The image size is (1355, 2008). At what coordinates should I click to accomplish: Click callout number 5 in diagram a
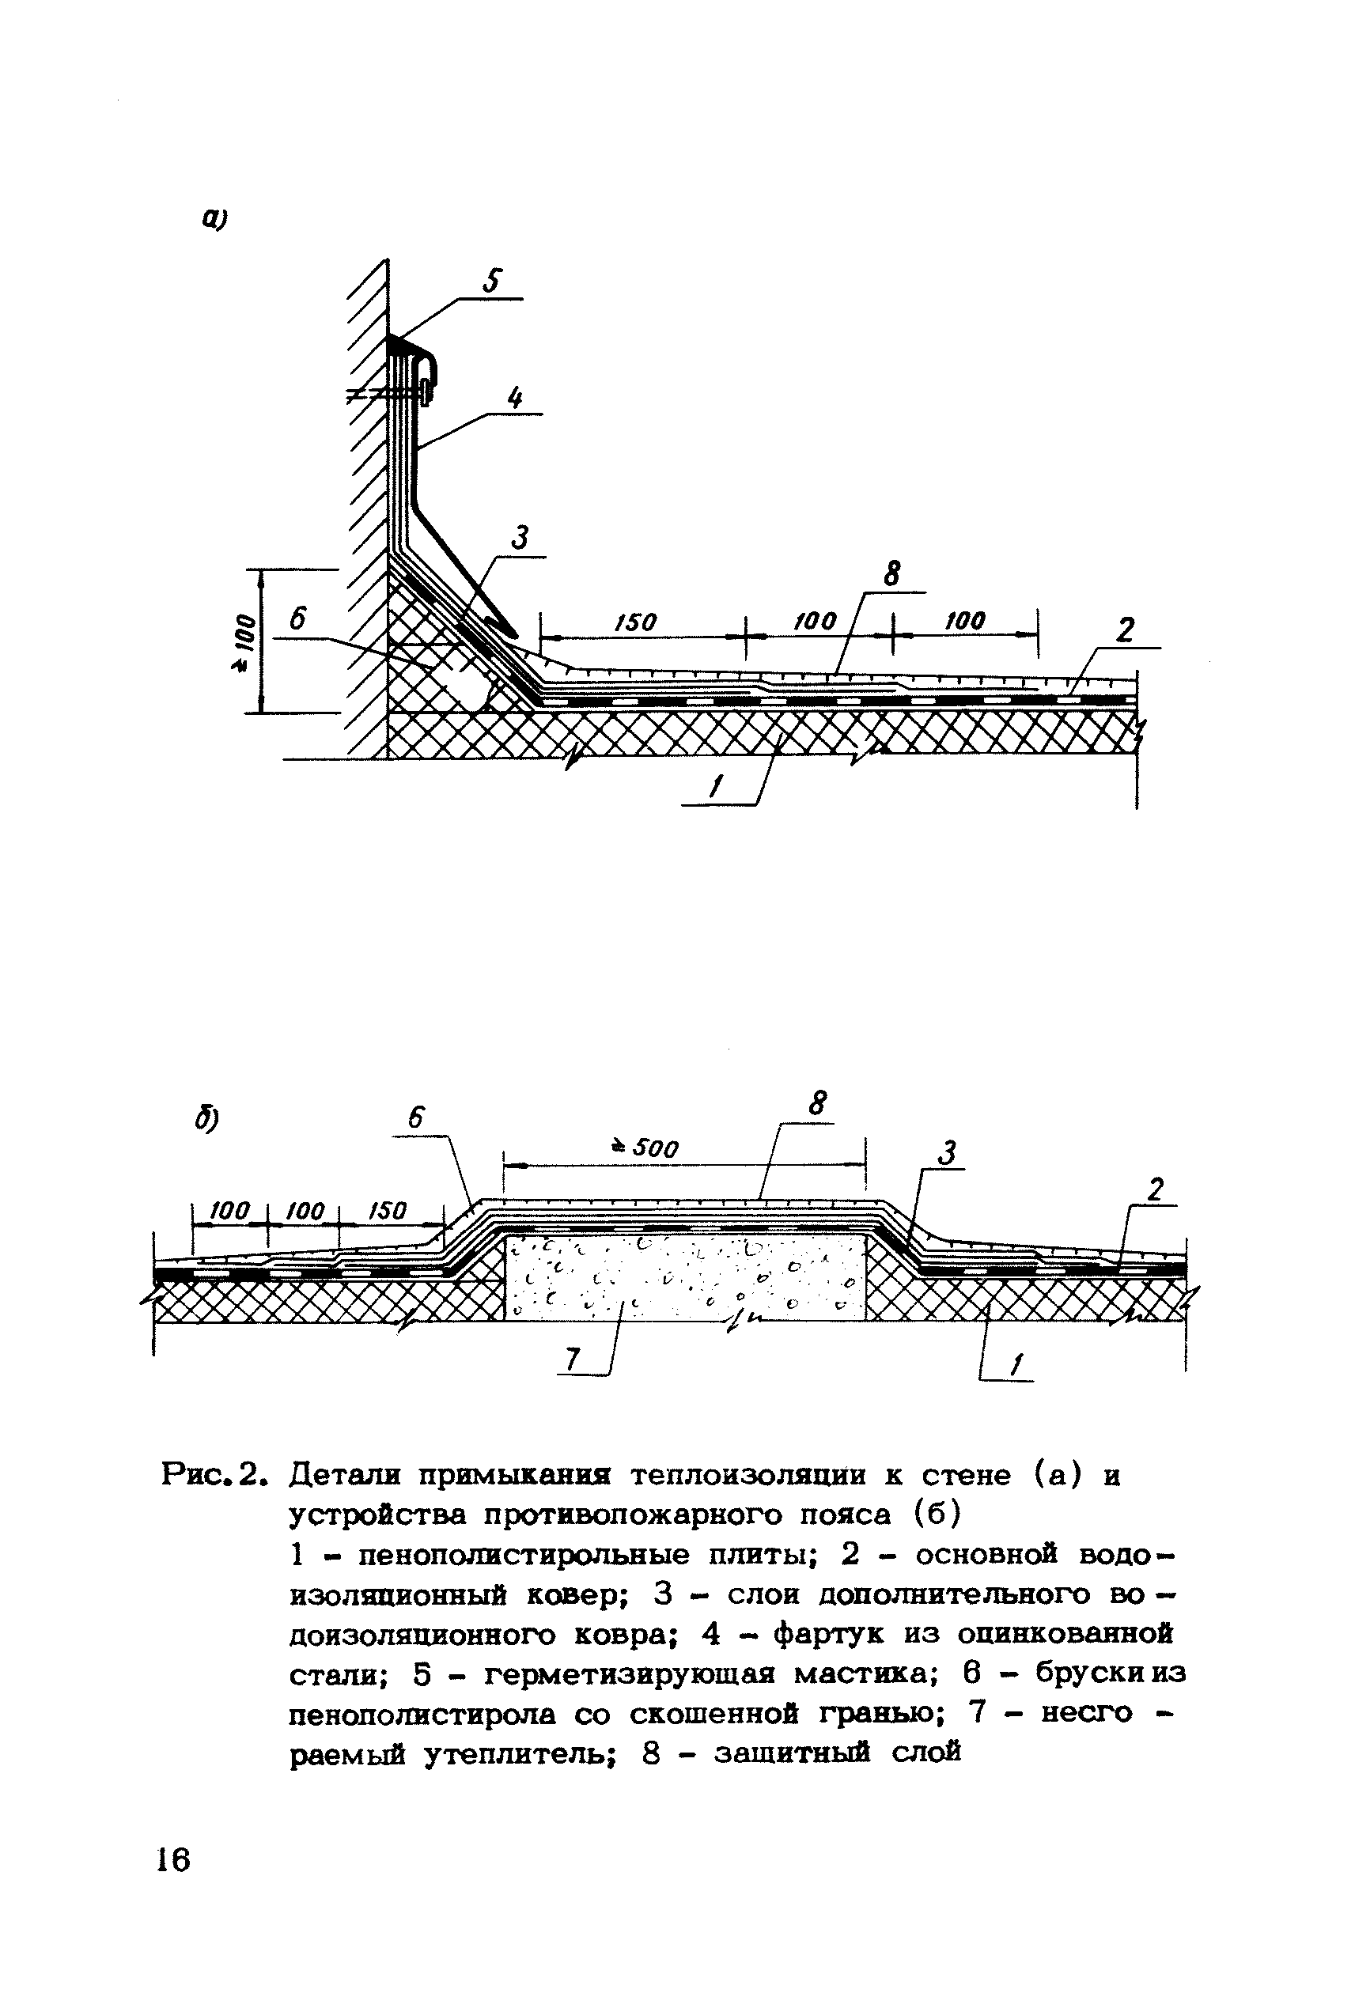pyautogui.click(x=494, y=282)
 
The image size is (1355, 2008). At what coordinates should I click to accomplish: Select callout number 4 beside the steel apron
pyautogui.click(x=515, y=399)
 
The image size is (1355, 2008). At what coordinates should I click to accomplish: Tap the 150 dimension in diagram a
pyautogui.click(x=636, y=622)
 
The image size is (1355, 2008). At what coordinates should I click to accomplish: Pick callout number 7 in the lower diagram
pyautogui.click(x=570, y=1361)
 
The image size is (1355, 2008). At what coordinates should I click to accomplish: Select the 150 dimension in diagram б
pyautogui.click(x=386, y=1212)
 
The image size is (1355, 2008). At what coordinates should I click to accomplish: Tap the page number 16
pyautogui.click(x=172, y=1859)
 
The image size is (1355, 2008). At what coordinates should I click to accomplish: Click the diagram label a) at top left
pyautogui.click(x=214, y=221)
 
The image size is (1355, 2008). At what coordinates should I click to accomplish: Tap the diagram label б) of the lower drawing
pyautogui.click(x=206, y=1121)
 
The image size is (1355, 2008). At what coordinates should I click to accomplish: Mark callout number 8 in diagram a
pyautogui.click(x=891, y=573)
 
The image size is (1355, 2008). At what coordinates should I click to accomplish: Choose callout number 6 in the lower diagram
pyautogui.click(x=415, y=1118)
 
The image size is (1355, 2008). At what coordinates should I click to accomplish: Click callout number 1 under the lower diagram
pyautogui.click(x=1017, y=1366)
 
